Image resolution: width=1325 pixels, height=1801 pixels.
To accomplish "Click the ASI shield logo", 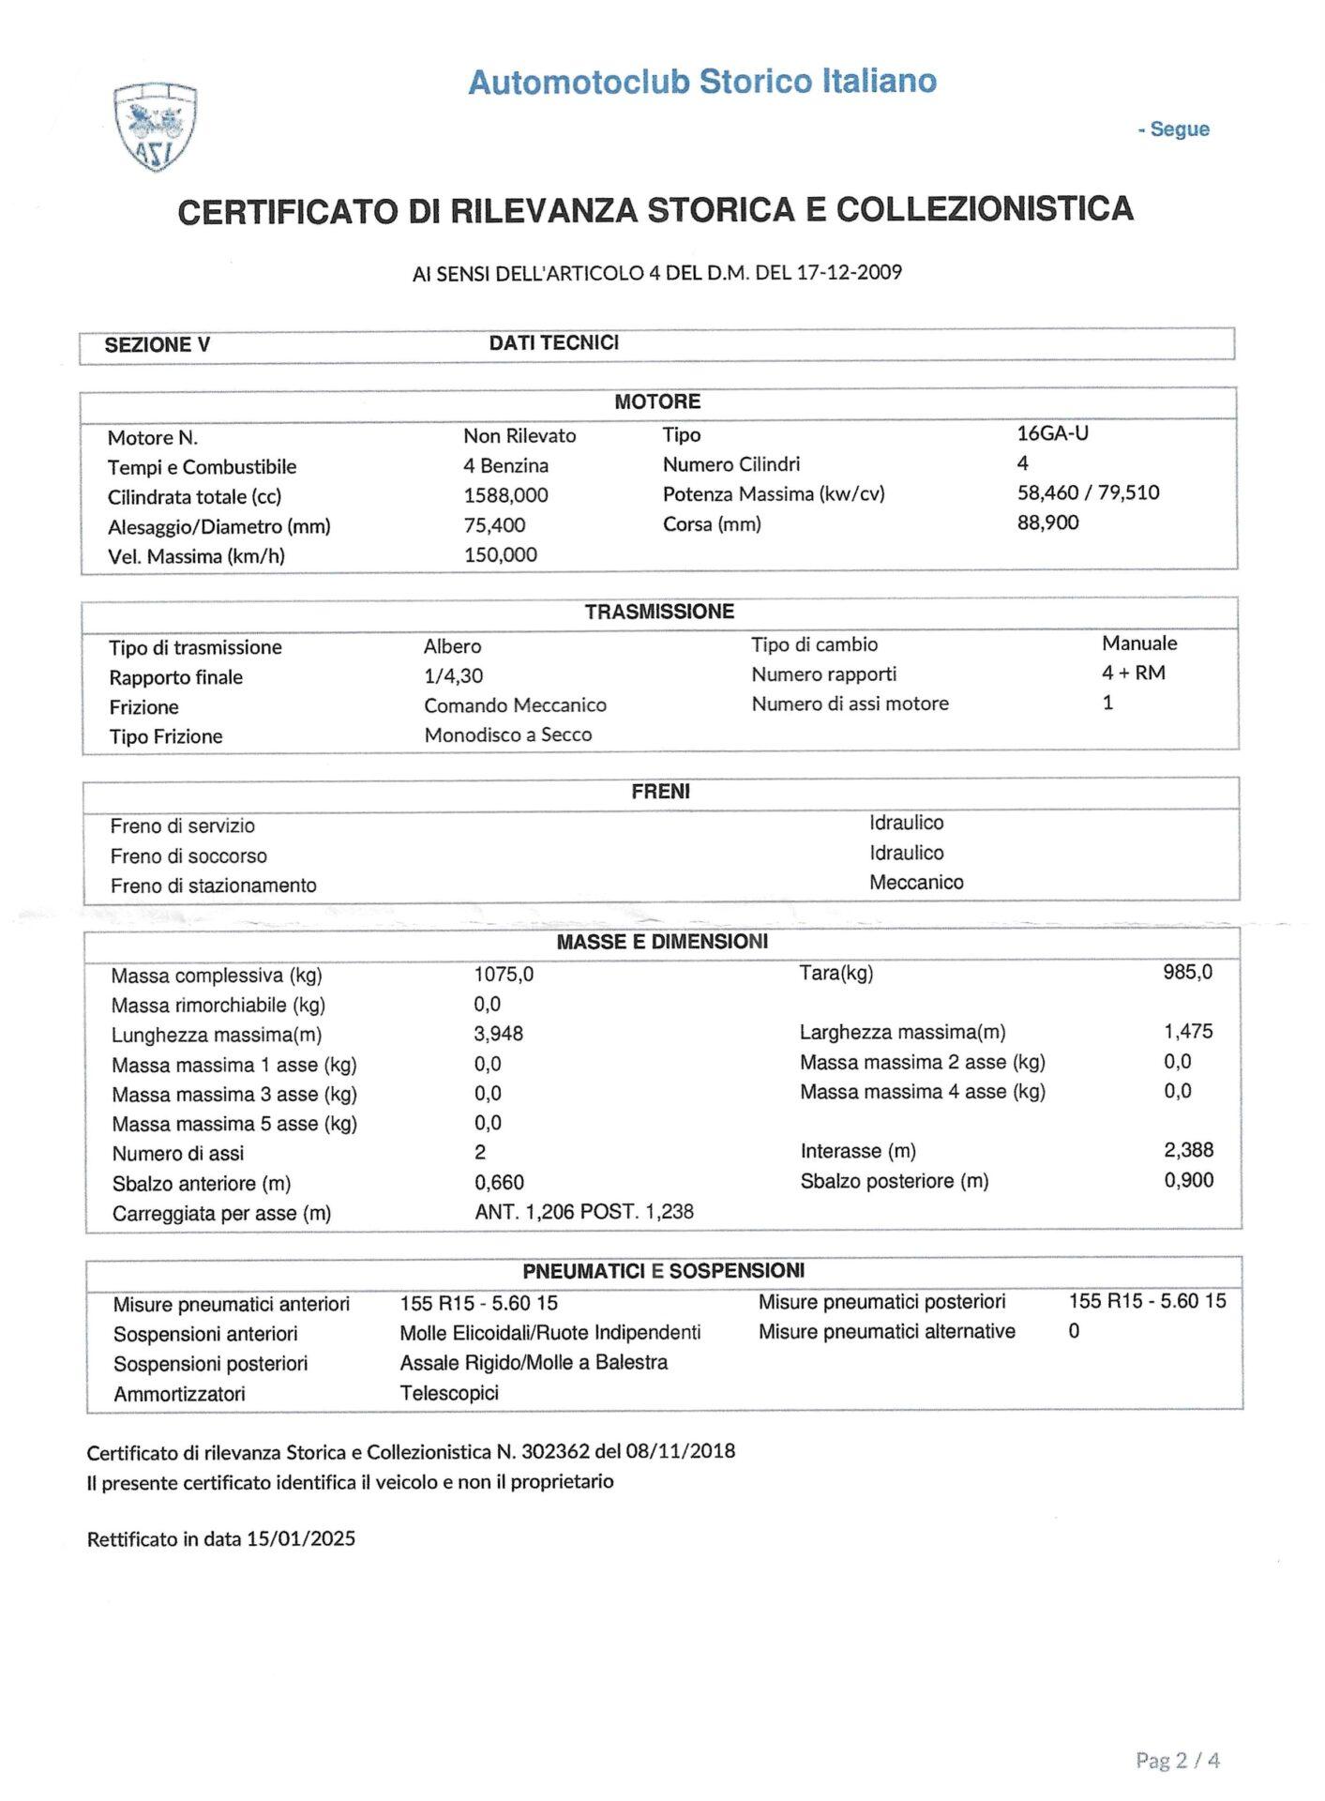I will tap(155, 127).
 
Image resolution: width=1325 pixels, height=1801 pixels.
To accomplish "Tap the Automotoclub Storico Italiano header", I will tap(702, 82).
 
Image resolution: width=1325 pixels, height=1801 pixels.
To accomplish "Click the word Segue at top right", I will tap(1179, 129).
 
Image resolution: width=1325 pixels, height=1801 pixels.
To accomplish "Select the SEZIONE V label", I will tap(157, 344).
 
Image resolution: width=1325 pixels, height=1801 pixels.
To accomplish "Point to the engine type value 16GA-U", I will tap(1052, 433).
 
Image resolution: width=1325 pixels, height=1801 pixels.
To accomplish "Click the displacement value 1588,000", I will tap(505, 495).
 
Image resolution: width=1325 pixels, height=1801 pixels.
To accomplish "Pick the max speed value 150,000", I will tap(500, 554).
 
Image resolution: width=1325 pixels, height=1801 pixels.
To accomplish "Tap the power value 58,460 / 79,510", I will tap(1088, 492).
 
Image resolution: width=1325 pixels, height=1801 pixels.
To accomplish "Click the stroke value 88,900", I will tap(1047, 522).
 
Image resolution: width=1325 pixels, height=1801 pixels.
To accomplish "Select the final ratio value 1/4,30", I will tap(453, 675).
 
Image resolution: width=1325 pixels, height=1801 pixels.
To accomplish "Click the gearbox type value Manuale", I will tap(1139, 643).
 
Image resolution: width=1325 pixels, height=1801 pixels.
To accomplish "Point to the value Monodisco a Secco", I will tap(507, 734).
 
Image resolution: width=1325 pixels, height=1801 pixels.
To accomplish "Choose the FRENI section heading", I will tap(660, 792).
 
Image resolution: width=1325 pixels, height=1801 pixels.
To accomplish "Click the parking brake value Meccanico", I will tap(915, 882).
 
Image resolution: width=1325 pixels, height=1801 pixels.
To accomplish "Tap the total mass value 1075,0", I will tap(504, 974).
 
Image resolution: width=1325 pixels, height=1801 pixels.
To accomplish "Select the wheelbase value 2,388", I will tap(1188, 1150).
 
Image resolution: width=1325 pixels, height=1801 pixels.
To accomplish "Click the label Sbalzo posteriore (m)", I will tap(894, 1181).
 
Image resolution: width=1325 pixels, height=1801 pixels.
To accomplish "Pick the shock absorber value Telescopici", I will tap(449, 1393).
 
